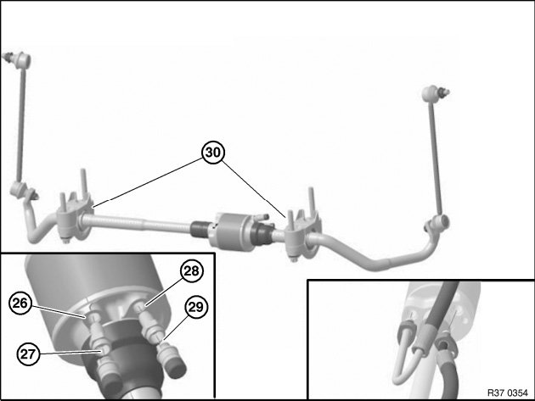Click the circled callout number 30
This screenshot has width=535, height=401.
pos(213,153)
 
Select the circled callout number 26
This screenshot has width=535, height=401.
pos(20,303)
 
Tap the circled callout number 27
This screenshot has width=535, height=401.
pos(28,354)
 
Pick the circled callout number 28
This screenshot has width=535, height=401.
pos(191,270)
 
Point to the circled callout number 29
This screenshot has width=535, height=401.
pos(196,307)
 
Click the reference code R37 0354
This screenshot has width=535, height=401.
pos(507,393)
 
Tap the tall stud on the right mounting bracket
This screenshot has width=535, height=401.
pos(311,200)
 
